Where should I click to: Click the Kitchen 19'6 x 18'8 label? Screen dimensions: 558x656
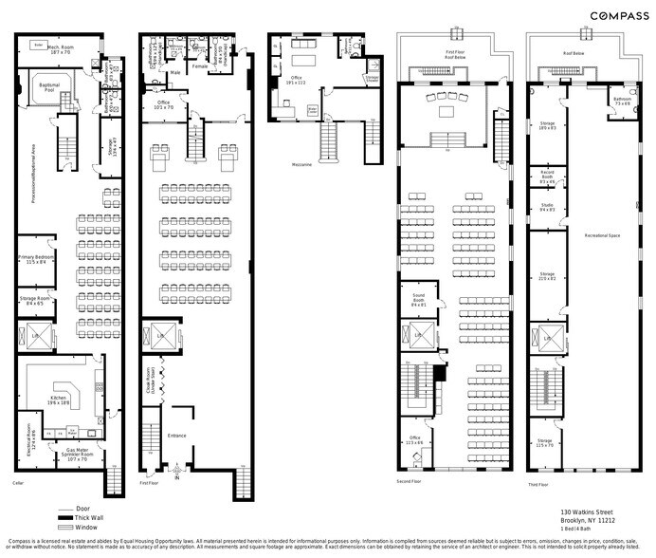tap(59, 401)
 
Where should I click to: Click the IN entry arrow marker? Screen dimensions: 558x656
tap(177, 473)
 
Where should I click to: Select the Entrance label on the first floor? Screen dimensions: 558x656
tap(177, 436)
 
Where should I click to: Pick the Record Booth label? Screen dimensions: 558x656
tap(547, 178)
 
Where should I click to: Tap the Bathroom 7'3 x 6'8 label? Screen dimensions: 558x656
tap(622, 101)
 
